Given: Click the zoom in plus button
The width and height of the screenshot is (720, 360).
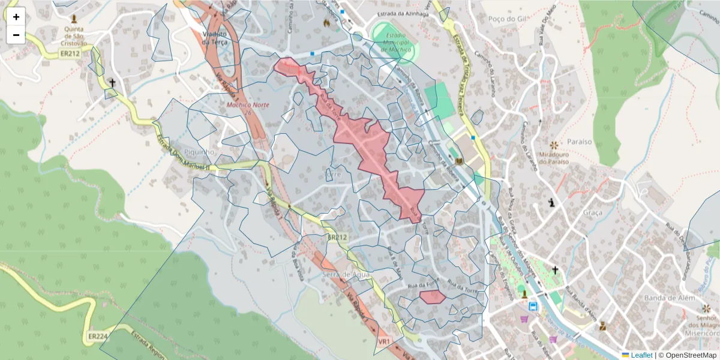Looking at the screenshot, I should tap(16, 17).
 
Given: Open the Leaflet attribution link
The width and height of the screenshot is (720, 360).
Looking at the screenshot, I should tap(641, 355).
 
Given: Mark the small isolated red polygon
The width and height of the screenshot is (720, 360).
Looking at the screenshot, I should tap(432, 296).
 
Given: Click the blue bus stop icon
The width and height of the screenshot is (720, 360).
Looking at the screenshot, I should tap(532, 305).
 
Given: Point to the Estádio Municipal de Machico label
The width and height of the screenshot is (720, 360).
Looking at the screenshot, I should tap(395, 43).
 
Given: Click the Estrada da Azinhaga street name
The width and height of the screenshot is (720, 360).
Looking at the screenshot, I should tap(403, 14).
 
